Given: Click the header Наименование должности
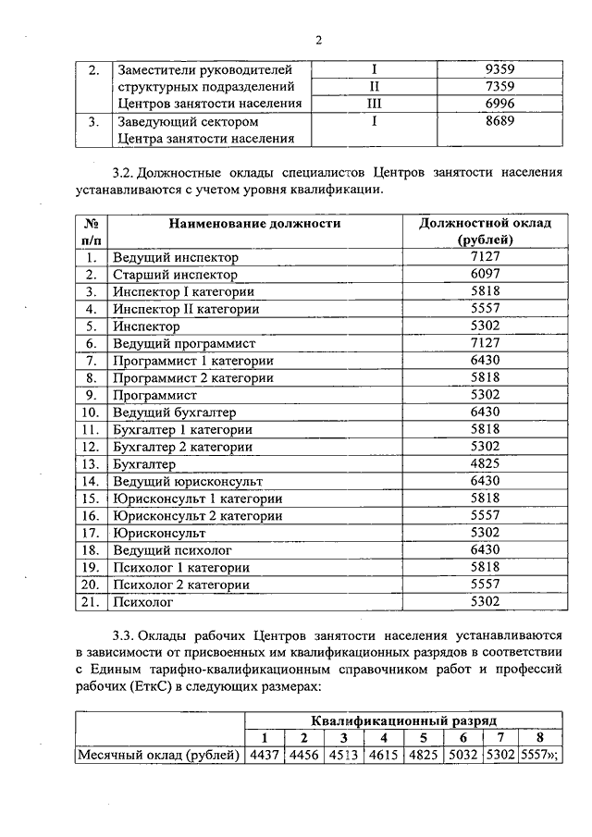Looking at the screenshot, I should tap(255, 224).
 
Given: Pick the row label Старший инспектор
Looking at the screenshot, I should tap(175, 275).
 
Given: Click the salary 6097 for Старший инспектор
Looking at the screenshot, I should tap(485, 275).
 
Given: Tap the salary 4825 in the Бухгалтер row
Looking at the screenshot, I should tap(485, 464).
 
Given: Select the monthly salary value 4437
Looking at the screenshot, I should tap(265, 754).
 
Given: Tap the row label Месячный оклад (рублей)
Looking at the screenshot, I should tap(158, 754).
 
